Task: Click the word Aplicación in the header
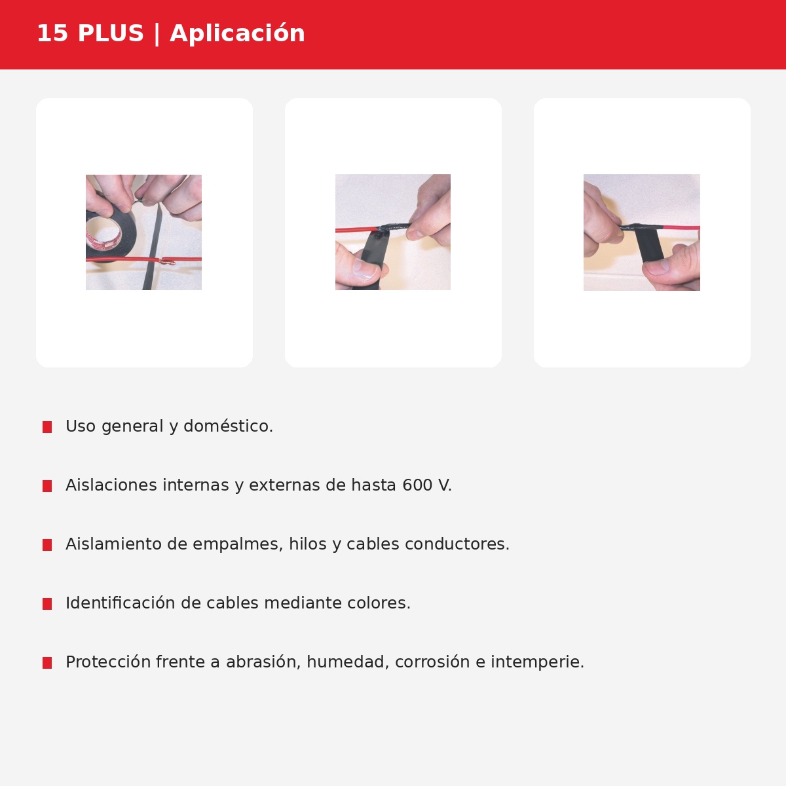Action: pos(237,33)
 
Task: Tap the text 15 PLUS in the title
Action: pos(90,33)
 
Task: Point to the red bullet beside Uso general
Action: pos(47,427)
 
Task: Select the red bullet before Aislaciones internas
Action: pos(47,486)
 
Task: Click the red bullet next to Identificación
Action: pos(47,604)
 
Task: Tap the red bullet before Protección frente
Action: pos(47,663)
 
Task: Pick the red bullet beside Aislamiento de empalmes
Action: pos(47,545)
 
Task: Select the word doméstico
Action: pos(228,426)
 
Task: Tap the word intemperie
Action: pos(537,662)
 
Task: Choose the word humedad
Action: pos(345,662)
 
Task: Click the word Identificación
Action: pos(121,603)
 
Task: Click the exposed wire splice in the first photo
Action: pos(168,261)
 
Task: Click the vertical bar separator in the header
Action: pos(157,33)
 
